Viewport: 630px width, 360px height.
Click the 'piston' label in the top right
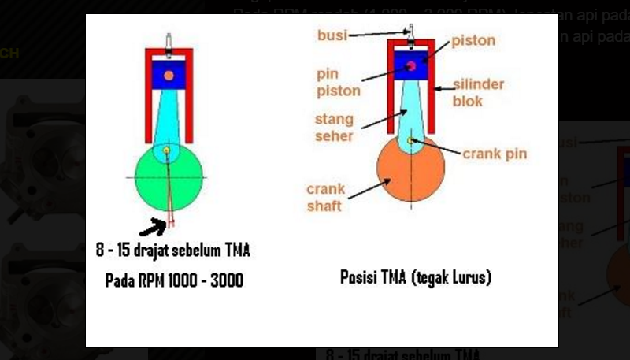click(x=473, y=40)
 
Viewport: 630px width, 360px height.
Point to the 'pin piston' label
click(x=338, y=83)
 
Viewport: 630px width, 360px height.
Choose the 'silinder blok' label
click(x=478, y=92)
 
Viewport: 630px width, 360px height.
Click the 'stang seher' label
click(x=334, y=128)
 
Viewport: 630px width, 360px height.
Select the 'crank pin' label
click(x=495, y=154)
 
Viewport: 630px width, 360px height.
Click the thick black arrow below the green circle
click(x=153, y=228)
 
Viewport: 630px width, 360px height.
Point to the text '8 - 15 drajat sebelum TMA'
click(x=172, y=251)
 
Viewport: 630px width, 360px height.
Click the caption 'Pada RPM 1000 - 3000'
click(x=174, y=280)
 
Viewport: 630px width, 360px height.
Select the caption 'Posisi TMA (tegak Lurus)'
click(x=416, y=277)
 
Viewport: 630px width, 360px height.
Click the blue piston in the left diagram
click(x=169, y=75)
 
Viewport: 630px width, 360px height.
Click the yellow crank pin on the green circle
click(x=167, y=149)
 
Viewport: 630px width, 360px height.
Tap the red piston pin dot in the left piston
click(x=168, y=76)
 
